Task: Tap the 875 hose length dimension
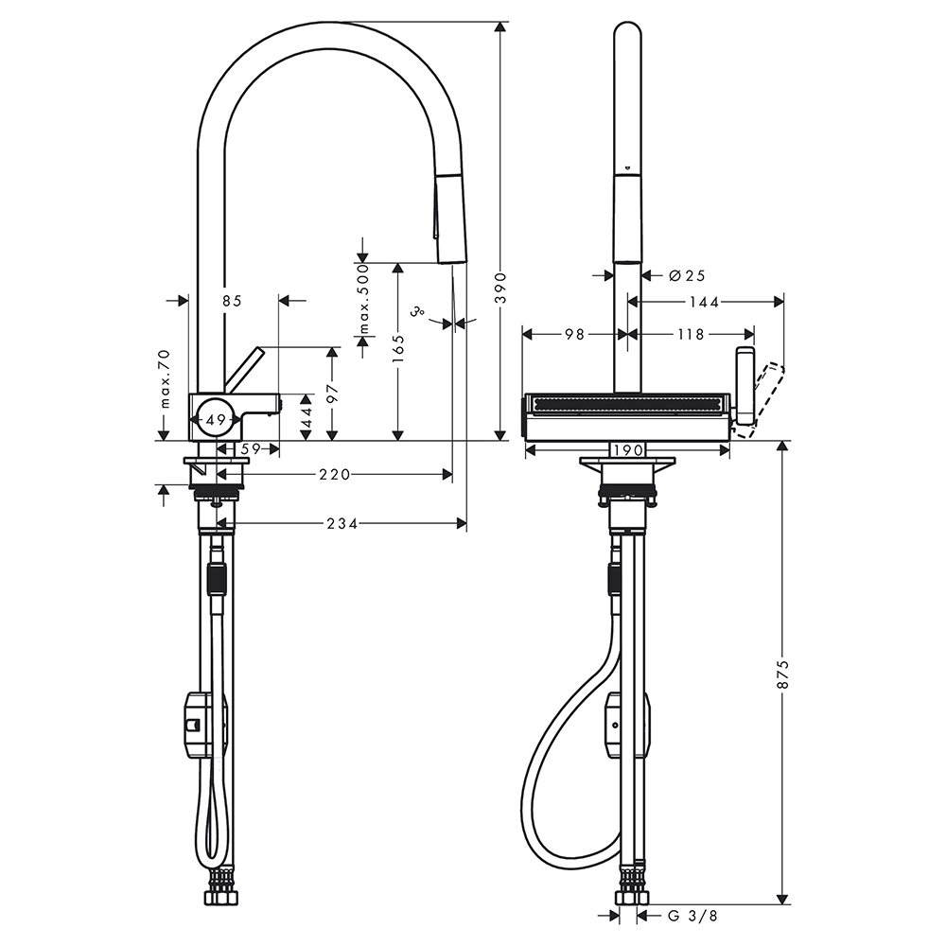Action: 782,674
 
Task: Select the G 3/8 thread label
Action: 692,933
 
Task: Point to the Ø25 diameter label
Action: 687,275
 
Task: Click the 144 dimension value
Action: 705,302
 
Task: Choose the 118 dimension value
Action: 691,334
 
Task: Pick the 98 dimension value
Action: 575,334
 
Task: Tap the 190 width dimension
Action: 628,450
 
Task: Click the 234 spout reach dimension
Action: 342,524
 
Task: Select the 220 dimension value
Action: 335,475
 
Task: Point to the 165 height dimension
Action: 397,350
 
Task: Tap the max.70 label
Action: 165,379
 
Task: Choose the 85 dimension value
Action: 232,301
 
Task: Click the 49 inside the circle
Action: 216,421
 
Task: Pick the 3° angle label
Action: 417,312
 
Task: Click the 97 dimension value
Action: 331,394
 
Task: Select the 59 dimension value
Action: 251,448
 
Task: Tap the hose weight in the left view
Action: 204,724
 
